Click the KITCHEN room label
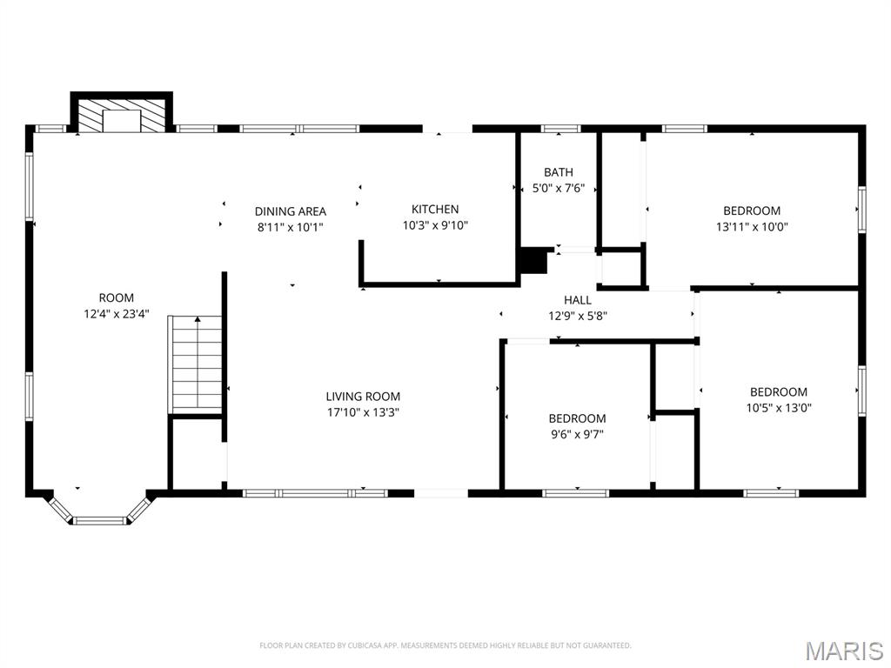click(x=435, y=209)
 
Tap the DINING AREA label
click(x=290, y=211)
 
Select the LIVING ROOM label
click(x=363, y=397)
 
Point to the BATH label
click(x=558, y=172)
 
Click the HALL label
click(x=578, y=300)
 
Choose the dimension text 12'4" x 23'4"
click(x=116, y=314)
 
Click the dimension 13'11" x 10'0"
click(x=752, y=226)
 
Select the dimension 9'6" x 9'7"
click(x=577, y=434)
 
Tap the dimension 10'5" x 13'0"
click(x=778, y=407)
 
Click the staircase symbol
click(x=198, y=364)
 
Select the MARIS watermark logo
click(x=843, y=651)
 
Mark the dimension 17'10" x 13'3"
click(x=363, y=412)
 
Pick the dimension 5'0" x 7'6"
click(x=558, y=188)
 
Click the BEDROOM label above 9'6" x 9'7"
click(x=577, y=418)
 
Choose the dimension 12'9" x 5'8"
click(x=578, y=316)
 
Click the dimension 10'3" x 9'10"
click(x=435, y=224)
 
